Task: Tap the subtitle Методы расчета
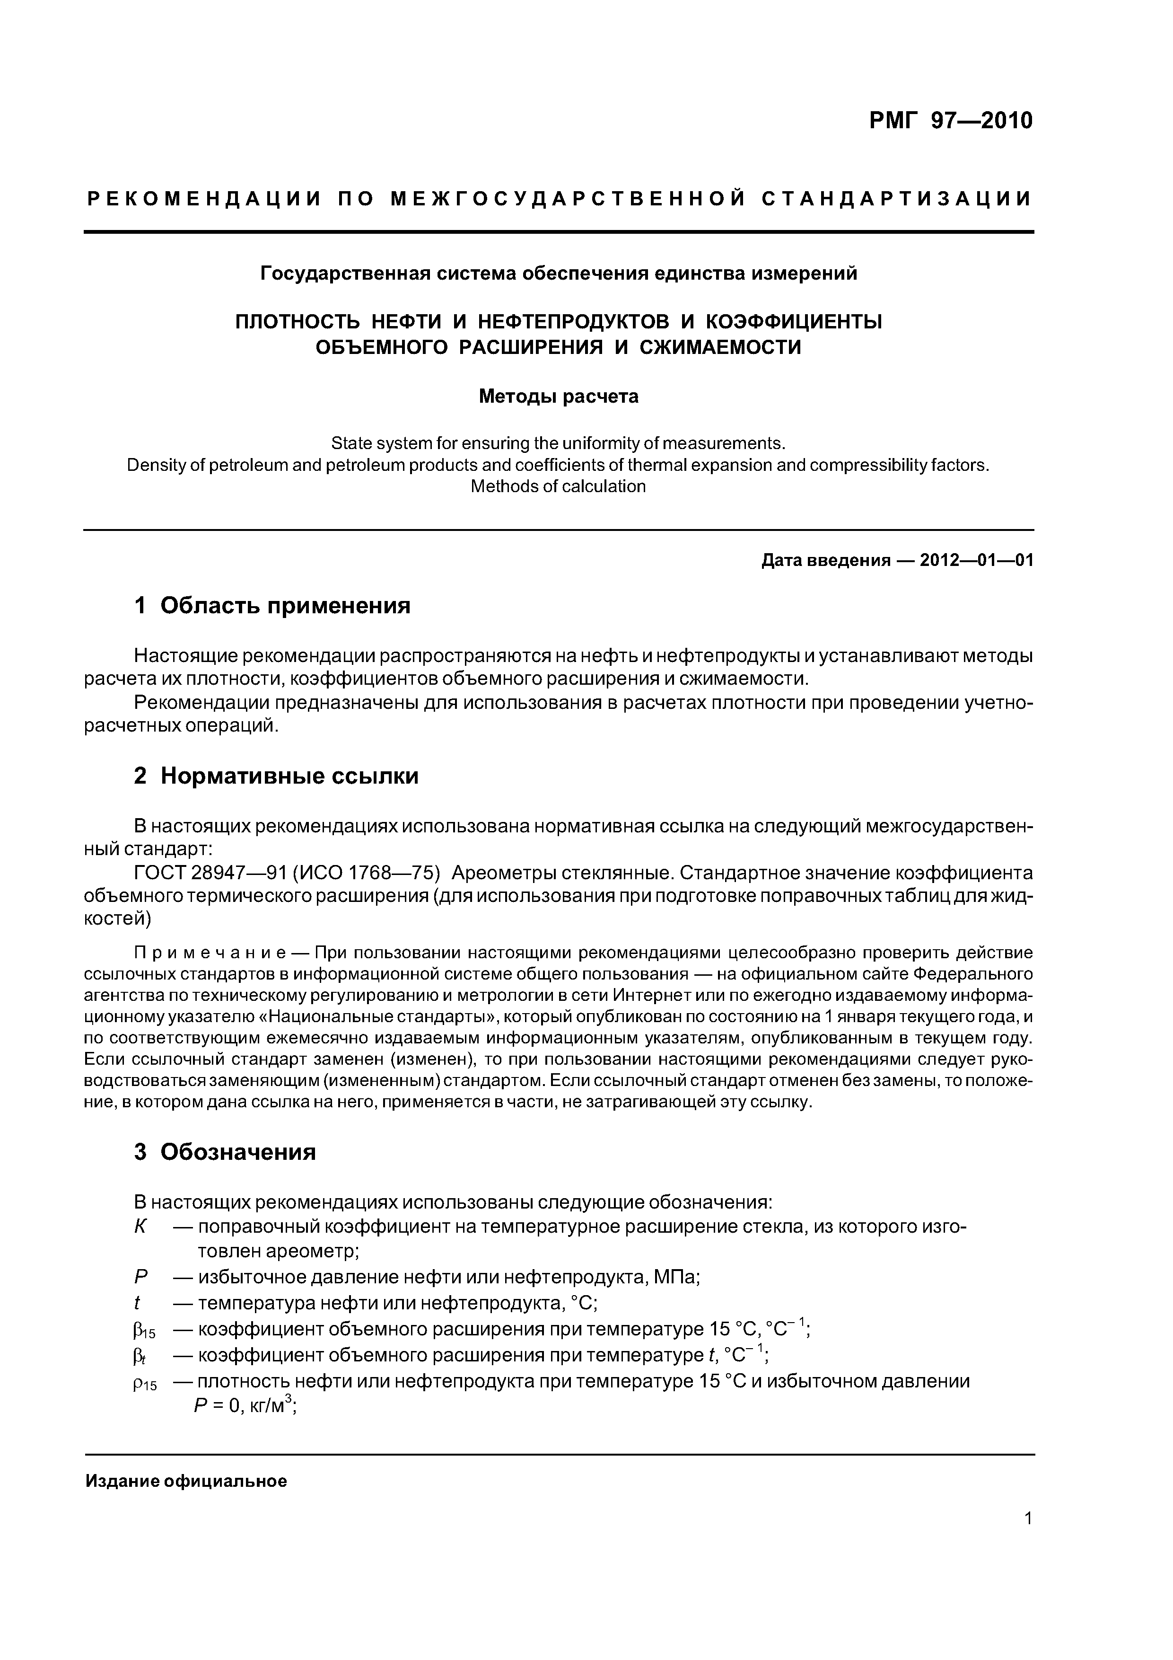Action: pos(559,397)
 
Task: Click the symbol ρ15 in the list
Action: pos(145,1382)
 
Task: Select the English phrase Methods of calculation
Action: pos(558,486)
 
